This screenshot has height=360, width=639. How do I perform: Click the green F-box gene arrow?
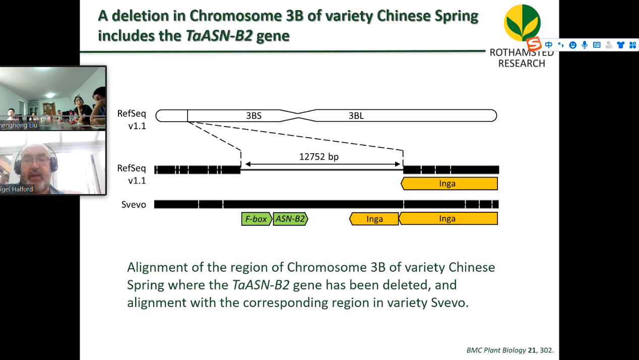[x=257, y=219]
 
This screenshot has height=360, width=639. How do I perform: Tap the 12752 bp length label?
[x=319, y=157]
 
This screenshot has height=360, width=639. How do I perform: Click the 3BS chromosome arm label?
[x=253, y=116]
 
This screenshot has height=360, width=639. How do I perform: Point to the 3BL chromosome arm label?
[x=356, y=116]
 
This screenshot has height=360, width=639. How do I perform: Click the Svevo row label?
[x=134, y=205]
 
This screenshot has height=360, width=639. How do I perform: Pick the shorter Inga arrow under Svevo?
[x=374, y=219]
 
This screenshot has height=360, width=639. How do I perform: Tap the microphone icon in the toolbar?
[x=585, y=45]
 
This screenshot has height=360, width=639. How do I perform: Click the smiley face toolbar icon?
[x=573, y=45]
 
